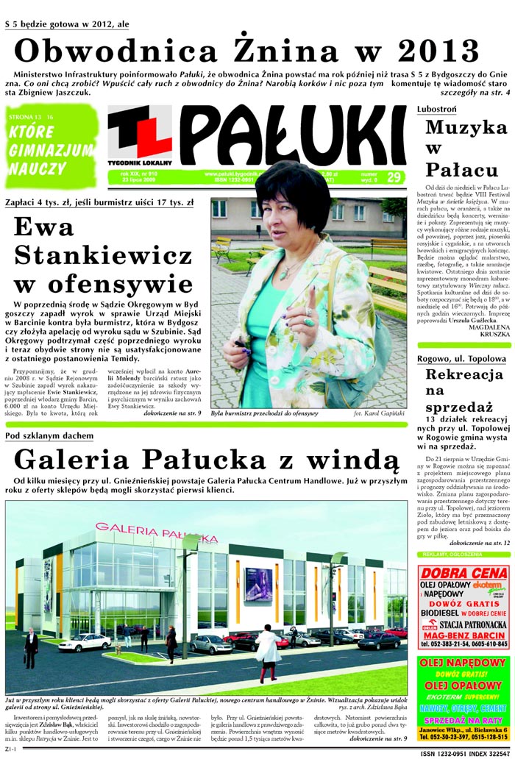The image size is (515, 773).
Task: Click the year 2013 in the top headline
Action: click(x=438, y=50)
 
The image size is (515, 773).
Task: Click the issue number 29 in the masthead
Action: click(x=394, y=177)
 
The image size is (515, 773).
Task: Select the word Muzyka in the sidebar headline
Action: click(x=466, y=127)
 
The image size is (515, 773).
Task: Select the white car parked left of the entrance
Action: click(x=84, y=642)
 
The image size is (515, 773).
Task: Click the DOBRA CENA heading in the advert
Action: click(x=463, y=575)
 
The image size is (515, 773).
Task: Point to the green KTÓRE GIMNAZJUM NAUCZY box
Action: click(x=51, y=146)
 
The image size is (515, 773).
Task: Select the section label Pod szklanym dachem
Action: click(x=49, y=436)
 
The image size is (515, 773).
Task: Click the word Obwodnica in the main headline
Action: click(x=116, y=50)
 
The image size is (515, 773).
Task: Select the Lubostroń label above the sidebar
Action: click(x=436, y=109)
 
